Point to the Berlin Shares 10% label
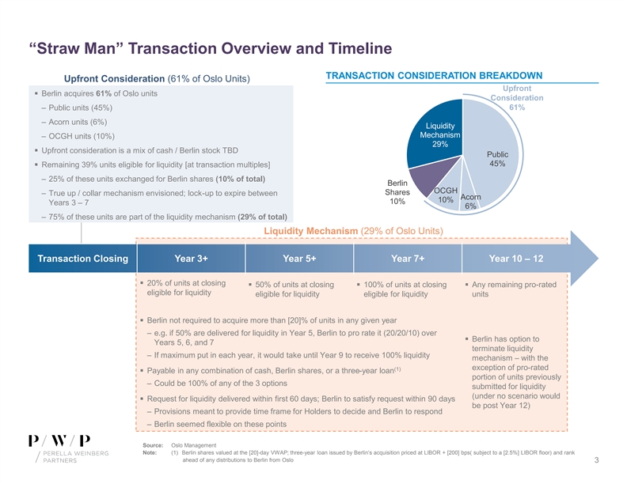pyautogui.click(x=397, y=192)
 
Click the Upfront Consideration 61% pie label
pyautogui.click(x=517, y=97)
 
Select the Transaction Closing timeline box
pyautogui.click(x=82, y=257)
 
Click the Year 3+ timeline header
pyautogui.click(x=192, y=257)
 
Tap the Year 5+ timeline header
pyautogui.click(x=300, y=257)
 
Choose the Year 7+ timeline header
pyautogui.click(x=408, y=257)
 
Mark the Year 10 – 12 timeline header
pyautogui.click(x=516, y=257)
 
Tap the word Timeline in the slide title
pyautogui.click(x=349, y=49)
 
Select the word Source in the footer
pyautogui.click(x=154, y=446)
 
